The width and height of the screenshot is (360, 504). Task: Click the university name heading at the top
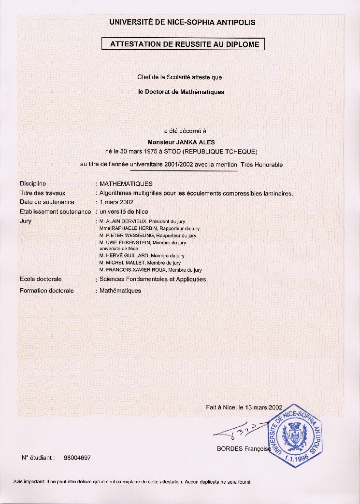182,22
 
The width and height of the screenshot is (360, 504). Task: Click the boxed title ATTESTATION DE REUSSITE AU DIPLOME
185,44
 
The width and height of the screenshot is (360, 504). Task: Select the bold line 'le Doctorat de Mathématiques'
181,92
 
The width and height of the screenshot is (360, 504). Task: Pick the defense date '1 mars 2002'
116,202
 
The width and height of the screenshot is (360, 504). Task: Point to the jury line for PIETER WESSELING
147,236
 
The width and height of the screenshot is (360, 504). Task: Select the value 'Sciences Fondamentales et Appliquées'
152,279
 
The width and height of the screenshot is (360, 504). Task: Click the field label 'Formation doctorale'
46,291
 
